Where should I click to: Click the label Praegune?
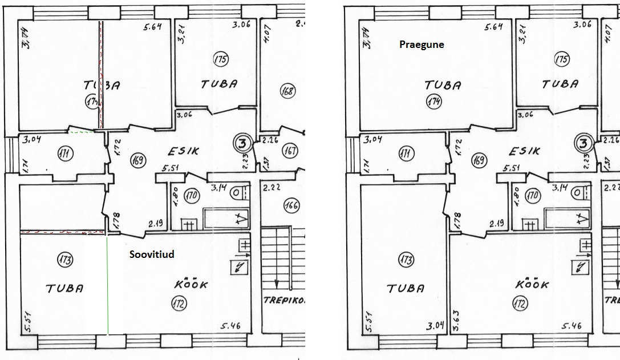[x=422, y=44]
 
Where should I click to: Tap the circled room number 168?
[x=289, y=90]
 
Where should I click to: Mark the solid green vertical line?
[x=108, y=285]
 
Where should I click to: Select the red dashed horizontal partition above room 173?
[x=63, y=232]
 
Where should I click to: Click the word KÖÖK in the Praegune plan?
[x=532, y=284]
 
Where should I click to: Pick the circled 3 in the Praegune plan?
[x=583, y=143]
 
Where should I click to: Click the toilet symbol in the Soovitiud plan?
[x=235, y=193]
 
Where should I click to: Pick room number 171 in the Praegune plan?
[x=404, y=153]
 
